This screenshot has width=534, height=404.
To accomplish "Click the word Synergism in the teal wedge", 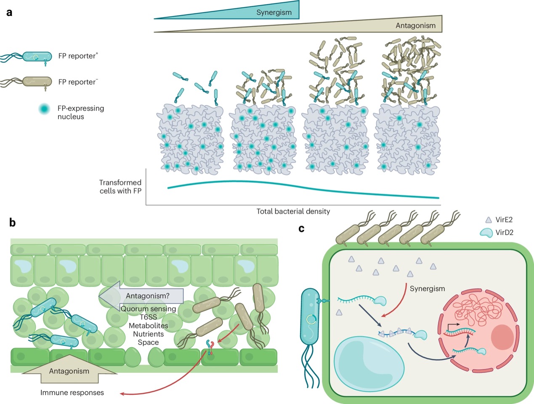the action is point(274,12).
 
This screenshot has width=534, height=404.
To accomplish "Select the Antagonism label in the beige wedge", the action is point(415,26).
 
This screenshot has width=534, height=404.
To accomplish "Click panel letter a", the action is point(9,12).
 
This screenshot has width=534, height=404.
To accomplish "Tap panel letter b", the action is point(12,223).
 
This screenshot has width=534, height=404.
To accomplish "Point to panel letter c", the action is point(301,229).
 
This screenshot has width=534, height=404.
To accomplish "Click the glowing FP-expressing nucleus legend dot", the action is point(44,109).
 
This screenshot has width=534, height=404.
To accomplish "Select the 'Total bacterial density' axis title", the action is point(293,211).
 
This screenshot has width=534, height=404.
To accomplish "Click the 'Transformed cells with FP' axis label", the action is point(120,187).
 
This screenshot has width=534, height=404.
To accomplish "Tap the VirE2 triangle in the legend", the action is point(489,220).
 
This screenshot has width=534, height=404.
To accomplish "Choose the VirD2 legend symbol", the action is point(486,233).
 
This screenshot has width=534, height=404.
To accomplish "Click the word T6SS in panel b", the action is point(148,317).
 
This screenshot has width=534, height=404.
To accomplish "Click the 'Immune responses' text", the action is point(72,393).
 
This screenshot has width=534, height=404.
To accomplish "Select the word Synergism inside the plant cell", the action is point(427,289).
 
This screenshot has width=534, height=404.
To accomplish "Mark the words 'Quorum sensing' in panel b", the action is point(148,309).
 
